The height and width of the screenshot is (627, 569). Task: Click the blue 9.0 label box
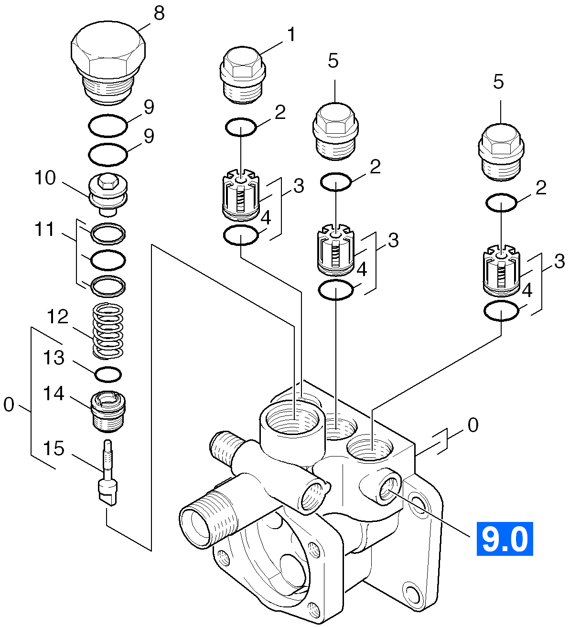click(505, 539)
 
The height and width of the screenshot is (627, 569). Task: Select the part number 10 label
click(45, 178)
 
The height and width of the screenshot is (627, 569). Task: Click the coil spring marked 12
click(107, 331)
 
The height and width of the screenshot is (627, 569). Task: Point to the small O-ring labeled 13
click(107, 374)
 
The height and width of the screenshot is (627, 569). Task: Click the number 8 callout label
click(159, 13)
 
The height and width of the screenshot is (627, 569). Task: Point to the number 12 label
click(57, 317)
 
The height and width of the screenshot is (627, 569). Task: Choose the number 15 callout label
click(54, 448)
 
